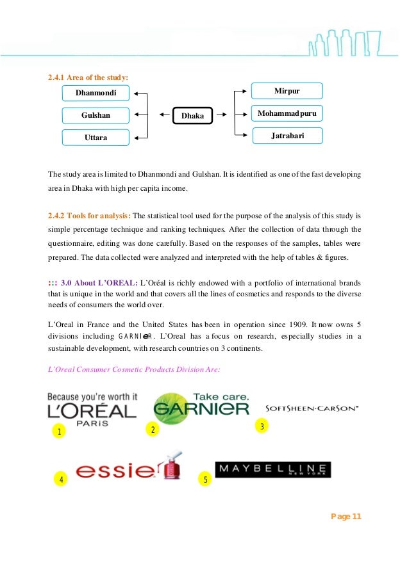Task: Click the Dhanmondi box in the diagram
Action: click(x=96, y=93)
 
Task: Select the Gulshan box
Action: click(x=96, y=115)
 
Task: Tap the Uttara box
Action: click(x=96, y=137)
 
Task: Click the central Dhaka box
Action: click(x=192, y=116)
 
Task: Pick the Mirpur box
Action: click(x=287, y=92)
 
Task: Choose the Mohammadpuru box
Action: click(x=287, y=114)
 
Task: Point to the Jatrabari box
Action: click(x=287, y=136)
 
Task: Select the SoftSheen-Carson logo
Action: click(x=312, y=408)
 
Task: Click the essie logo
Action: click(x=129, y=470)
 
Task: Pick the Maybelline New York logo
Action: click(x=272, y=470)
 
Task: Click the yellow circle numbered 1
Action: click(x=59, y=431)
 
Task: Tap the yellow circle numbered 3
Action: click(x=261, y=426)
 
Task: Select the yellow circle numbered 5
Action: click(x=205, y=479)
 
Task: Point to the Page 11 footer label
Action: click(x=346, y=517)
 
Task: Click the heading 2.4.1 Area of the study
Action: click(x=88, y=77)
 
